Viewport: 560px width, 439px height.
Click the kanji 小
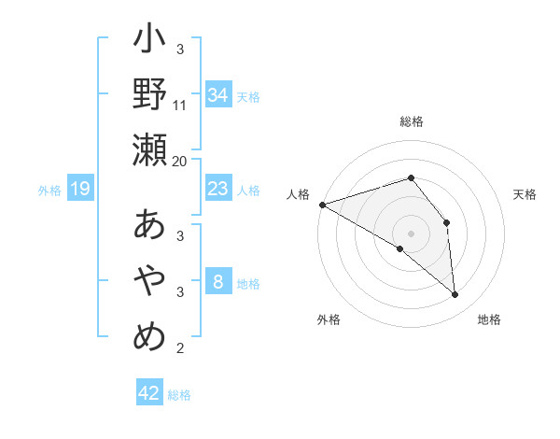coord(149,42)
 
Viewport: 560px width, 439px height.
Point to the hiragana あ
coord(149,225)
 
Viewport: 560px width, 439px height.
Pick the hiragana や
coord(149,280)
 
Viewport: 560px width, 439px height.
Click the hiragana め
coord(149,335)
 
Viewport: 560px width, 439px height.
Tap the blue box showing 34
coord(217,95)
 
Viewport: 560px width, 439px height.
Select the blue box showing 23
coord(217,189)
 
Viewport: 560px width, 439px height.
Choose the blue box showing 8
coord(217,282)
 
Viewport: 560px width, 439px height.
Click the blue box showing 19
coord(79,190)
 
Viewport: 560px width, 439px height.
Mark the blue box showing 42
coord(148,393)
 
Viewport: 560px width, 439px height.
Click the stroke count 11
coord(180,105)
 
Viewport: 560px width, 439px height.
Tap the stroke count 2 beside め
coord(180,348)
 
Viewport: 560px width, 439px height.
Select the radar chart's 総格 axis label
coord(411,121)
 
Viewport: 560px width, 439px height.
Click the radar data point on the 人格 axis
coord(322,204)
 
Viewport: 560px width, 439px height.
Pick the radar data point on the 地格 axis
coord(455,295)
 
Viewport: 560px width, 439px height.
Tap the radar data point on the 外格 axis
coord(399,248)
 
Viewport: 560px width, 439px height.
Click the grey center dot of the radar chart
coord(411,232)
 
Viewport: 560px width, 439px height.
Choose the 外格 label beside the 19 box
coord(49,191)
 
